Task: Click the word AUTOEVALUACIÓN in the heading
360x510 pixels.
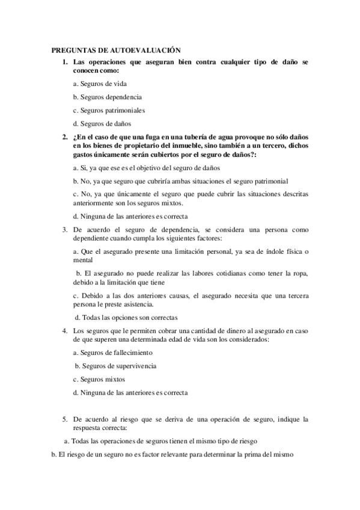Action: coord(146,52)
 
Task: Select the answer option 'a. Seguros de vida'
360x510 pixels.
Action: coord(100,84)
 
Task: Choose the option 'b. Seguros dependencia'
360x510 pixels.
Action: coord(107,97)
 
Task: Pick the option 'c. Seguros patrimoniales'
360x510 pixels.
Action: coord(109,110)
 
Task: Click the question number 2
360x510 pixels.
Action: coord(65,137)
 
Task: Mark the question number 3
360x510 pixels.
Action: coord(65,229)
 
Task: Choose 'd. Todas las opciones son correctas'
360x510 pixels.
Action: coord(126,317)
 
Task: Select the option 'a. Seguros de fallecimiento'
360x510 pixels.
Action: coord(112,352)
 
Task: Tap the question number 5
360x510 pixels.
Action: coord(65,418)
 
